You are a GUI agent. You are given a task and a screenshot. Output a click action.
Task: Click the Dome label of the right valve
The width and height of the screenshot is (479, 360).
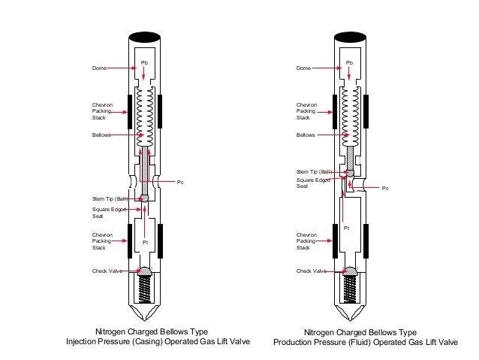click(303, 68)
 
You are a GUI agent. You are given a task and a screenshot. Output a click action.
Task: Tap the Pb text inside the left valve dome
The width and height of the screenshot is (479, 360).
click(145, 61)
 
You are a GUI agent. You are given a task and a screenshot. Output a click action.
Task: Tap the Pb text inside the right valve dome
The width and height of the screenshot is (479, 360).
click(348, 61)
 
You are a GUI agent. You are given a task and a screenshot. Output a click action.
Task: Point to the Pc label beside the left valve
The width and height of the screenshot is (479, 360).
click(191, 182)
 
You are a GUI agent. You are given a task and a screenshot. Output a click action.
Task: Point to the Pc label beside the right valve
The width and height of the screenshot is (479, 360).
click(385, 188)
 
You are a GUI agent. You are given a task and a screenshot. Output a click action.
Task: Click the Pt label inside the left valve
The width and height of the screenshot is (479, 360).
click(145, 241)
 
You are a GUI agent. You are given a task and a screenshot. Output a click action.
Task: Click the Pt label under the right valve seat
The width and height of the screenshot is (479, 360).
click(346, 227)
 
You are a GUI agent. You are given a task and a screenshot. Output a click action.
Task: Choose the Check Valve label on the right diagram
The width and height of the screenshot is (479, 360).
click(311, 271)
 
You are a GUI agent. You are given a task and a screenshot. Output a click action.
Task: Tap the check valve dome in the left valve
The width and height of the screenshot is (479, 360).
click(145, 271)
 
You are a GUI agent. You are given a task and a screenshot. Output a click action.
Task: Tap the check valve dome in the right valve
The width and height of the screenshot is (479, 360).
click(348, 271)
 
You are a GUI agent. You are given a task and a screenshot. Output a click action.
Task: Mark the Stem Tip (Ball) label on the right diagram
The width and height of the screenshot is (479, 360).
click(314, 172)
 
